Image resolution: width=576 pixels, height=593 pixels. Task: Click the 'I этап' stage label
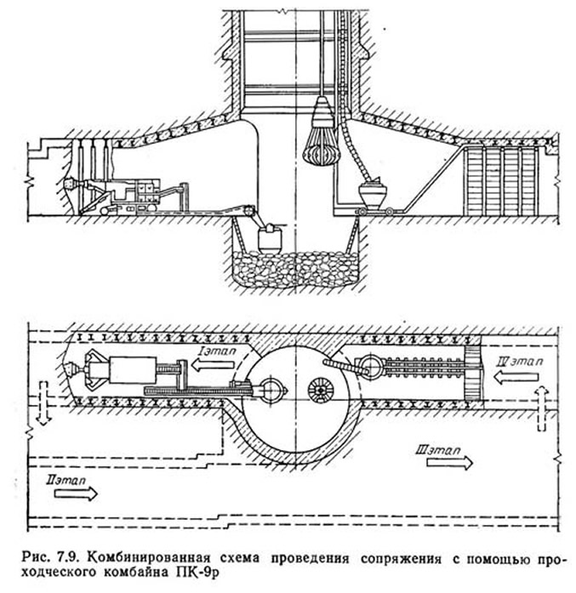click(x=217, y=351)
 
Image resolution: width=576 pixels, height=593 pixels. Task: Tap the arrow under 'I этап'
click(x=213, y=365)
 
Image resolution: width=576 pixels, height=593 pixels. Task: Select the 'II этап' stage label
click(x=66, y=481)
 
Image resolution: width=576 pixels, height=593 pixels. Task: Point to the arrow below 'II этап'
click(x=76, y=493)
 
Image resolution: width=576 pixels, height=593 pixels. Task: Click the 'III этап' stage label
click(x=438, y=450)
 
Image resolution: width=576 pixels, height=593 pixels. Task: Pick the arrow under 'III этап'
click(x=450, y=462)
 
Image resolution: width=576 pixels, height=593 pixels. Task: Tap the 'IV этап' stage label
click(x=521, y=362)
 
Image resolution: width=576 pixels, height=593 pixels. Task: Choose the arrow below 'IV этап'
click(x=516, y=377)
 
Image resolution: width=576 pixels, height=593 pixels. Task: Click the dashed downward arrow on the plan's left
click(x=44, y=402)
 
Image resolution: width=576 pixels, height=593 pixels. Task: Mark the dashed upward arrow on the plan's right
click(x=542, y=408)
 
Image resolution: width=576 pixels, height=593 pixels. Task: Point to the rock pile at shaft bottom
click(x=295, y=269)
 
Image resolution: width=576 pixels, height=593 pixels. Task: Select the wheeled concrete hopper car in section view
click(x=374, y=197)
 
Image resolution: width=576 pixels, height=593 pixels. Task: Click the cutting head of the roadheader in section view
click(x=71, y=185)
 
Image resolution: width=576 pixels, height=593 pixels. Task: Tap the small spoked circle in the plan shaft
click(x=320, y=390)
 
